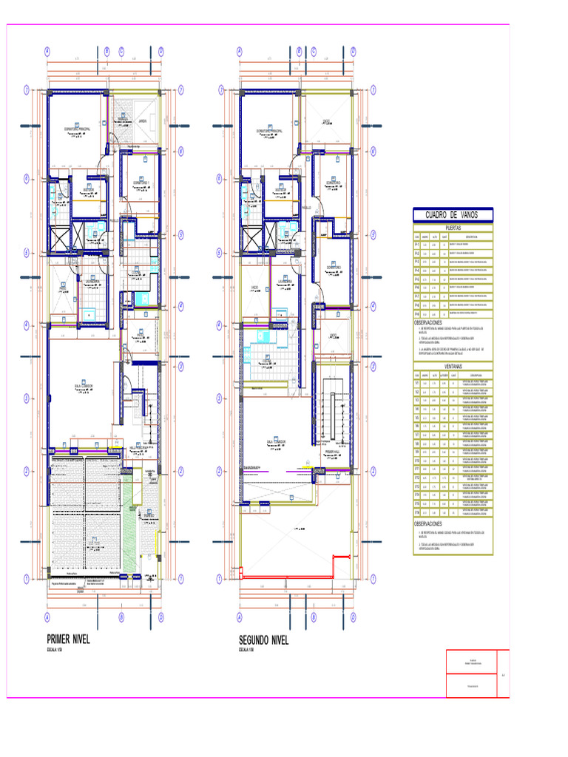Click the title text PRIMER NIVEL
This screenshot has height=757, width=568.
pyautogui.click(x=68, y=639)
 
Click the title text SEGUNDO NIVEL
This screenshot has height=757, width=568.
pyautogui.click(x=263, y=639)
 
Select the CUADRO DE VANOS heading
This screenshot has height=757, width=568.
pyautogui.click(x=452, y=215)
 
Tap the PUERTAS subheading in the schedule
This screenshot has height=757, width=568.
pyautogui.click(x=452, y=228)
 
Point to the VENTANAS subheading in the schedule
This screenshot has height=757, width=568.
pyautogui.click(x=452, y=366)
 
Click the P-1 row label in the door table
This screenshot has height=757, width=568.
pyautogui.click(x=417, y=244)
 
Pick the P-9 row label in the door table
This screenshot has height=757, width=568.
pyautogui.click(x=417, y=313)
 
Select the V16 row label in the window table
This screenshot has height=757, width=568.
pyautogui.click(x=417, y=512)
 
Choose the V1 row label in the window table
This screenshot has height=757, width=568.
pyautogui.click(x=417, y=384)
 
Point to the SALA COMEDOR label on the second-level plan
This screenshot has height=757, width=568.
pyautogui.click(x=277, y=441)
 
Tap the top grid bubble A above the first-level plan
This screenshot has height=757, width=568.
pyautogui.click(x=47, y=52)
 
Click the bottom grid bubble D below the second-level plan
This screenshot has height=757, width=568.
pyautogui.click(x=353, y=616)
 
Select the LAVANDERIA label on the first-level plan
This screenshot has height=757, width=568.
pyautogui.click(x=92, y=282)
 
